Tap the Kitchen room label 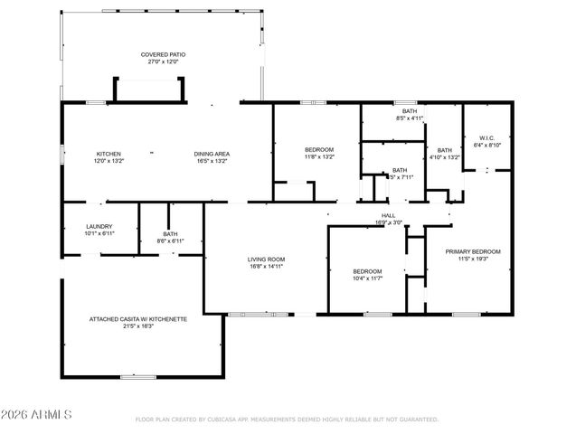[109, 154]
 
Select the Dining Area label [212, 154]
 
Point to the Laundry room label [99, 226]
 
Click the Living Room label [267, 259]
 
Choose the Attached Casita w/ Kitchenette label [138, 319]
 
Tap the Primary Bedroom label [473, 251]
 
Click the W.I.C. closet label [486, 138]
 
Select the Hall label [388, 215]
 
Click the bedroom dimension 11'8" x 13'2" [319, 156]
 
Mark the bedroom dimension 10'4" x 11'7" [367, 278]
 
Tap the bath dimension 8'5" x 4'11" [410, 118]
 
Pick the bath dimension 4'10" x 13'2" [444, 157]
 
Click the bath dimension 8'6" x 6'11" [171, 241]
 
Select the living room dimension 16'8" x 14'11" [267, 267]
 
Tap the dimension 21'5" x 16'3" [138, 326]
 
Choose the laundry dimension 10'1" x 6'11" [99, 233]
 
